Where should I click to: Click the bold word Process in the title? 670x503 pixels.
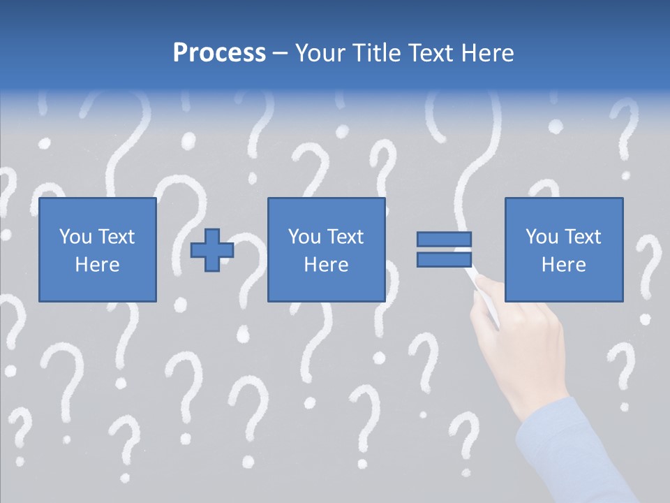(x=219, y=53)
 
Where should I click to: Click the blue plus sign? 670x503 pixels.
(x=212, y=249)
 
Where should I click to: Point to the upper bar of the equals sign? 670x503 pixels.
(x=445, y=239)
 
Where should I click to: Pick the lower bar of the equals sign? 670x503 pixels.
(x=445, y=259)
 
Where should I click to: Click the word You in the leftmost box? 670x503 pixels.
(x=74, y=237)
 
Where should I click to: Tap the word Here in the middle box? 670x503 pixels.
(x=327, y=265)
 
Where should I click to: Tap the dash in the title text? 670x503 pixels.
(x=281, y=53)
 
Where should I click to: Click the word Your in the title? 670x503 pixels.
(x=320, y=53)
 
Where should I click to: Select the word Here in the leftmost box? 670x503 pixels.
(x=98, y=265)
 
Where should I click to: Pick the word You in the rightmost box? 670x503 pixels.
(x=542, y=237)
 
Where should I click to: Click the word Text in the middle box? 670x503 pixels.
(x=345, y=237)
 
